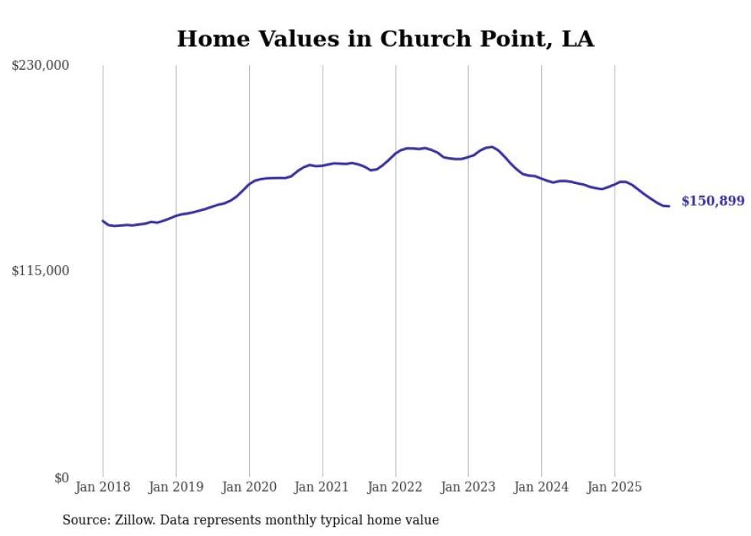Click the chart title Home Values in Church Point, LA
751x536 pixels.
pos(385,38)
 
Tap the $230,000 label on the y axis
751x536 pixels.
pos(40,66)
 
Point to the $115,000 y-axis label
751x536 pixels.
pos(40,271)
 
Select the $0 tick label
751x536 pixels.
pos(61,478)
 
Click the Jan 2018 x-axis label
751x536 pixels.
pos(103,487)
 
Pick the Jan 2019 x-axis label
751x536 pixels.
pos(176,487)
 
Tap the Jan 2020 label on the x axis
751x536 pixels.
pos(249,487)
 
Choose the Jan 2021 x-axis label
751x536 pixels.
pos(322,487)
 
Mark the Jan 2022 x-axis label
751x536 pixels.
pos(395,487)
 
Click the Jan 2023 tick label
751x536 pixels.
pos(468,487)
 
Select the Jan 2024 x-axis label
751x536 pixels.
pos(541,487)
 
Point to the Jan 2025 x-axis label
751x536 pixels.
pos(615,487)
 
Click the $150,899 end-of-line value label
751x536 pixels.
pos(712,201)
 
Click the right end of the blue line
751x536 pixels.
pos(669,206)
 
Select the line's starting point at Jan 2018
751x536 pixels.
pos(103,221)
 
